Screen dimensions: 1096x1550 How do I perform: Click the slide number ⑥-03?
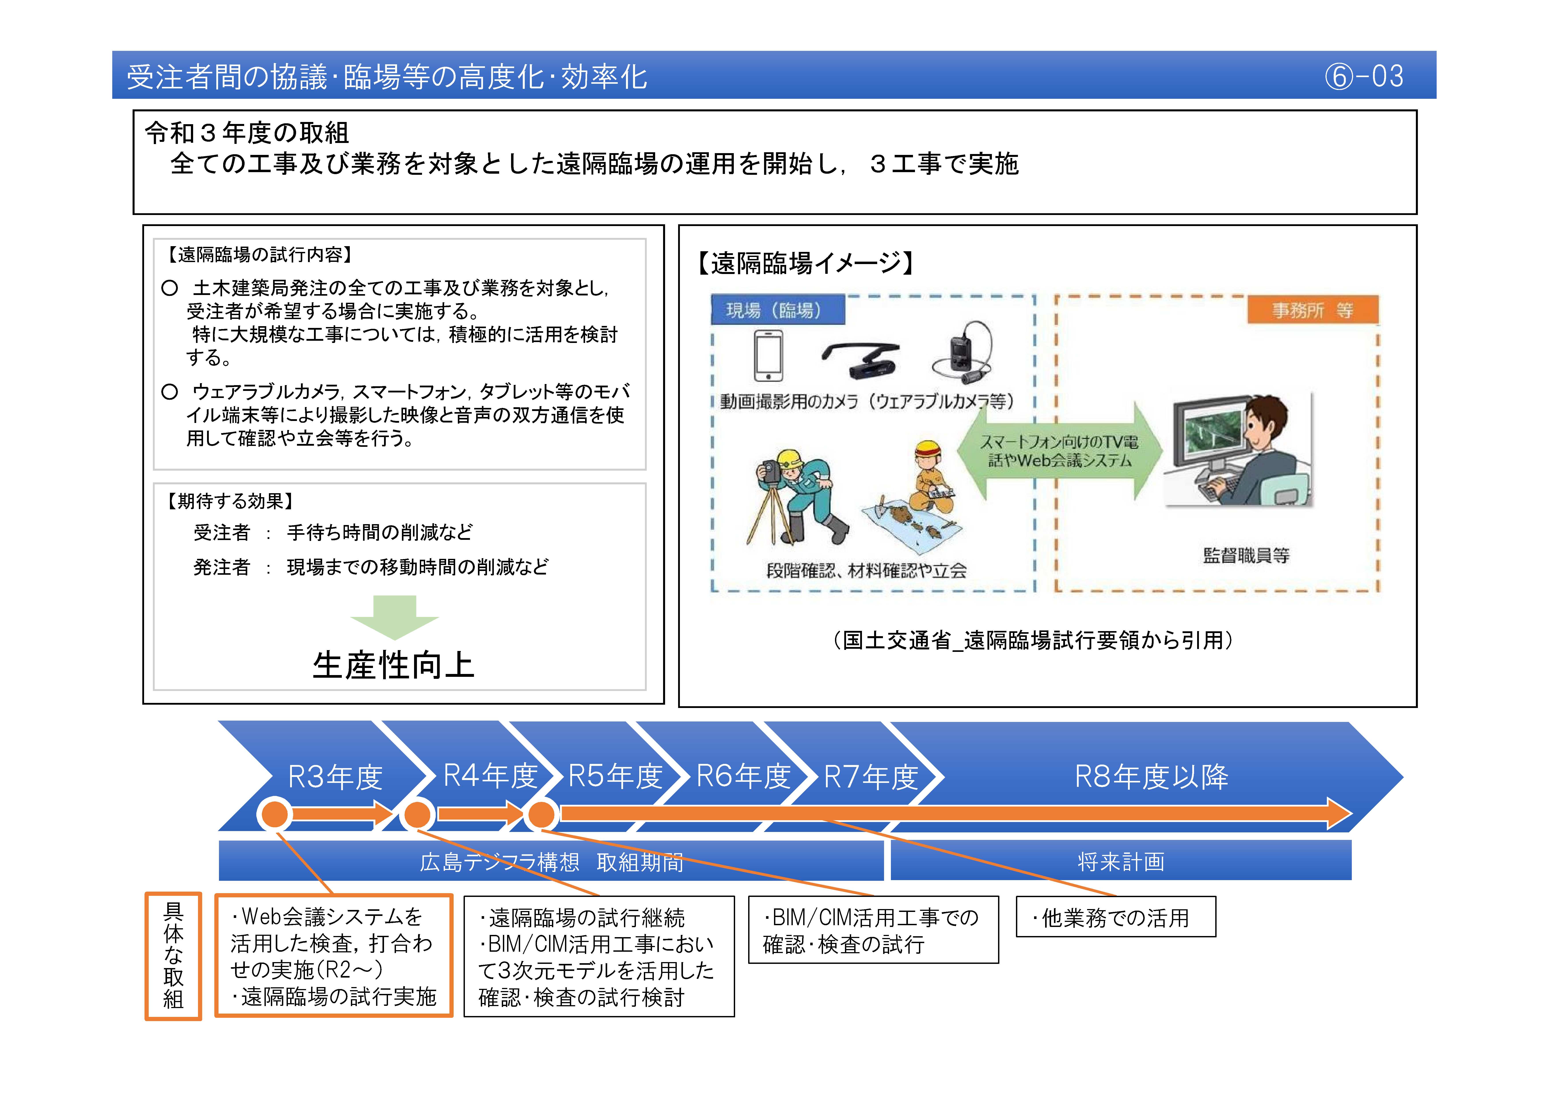click(1364, 76)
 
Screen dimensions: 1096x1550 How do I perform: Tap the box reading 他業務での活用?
click(1115, 917)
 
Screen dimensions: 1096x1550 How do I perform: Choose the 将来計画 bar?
click(1121, 861)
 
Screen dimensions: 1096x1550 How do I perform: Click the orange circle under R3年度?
click(275, 814)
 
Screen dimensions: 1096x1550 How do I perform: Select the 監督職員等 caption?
click(1246, 556)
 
